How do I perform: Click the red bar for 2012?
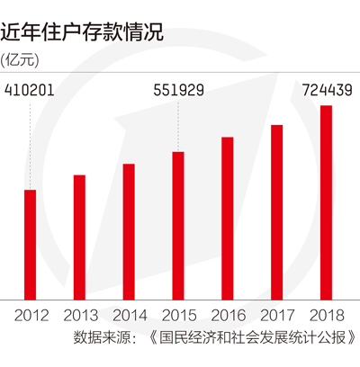(x=30, y=245)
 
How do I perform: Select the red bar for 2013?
(x=79, y=237)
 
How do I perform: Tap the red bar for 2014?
(x=129, y=232)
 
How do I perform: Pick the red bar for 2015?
(x=178, y=226)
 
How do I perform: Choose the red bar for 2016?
(x=228, y=219)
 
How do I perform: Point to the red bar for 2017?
(x=277, y=212)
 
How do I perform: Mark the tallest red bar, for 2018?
(x=326, y=202)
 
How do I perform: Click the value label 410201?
(x=30, y=90)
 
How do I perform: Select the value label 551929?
(x=179, y=90)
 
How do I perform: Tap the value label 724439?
(x=327, y=90)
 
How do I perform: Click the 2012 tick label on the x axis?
(x=31, y=316)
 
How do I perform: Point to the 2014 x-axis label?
(x=130, y=316)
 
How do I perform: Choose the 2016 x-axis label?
(x=229, y=316)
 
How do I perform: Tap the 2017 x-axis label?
(x=277, y=316)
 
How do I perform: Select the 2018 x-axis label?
(x=327, y=316)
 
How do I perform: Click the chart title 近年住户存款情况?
(x=82, y=31)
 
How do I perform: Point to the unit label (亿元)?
(x=20, y=60)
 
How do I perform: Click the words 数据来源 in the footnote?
(x=102, y=338)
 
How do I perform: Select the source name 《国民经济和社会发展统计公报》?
(x=252, y=338)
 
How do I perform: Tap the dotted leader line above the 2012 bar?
(x=30, y=147)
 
